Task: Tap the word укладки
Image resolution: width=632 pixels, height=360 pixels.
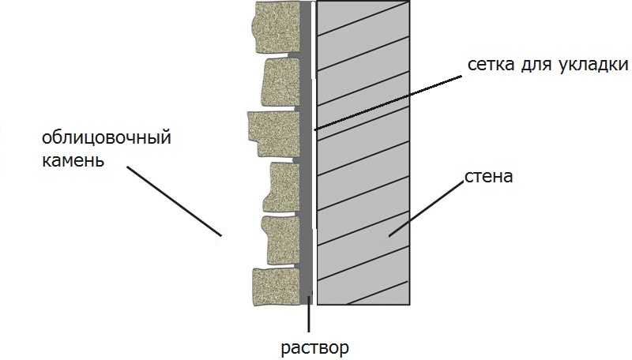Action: coord(594,65)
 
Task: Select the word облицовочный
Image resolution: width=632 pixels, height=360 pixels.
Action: coord(107,137)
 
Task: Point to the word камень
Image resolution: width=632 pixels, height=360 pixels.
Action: coord(73,160)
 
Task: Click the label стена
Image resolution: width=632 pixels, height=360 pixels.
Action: coord(488,176)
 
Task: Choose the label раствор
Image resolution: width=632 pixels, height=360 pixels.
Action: coord(314,347)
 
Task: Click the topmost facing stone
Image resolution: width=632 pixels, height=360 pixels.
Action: coord(276,26)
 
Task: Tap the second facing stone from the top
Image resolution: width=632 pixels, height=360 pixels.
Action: coord(281,82)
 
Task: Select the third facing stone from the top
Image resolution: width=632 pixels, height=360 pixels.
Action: coord(273,133)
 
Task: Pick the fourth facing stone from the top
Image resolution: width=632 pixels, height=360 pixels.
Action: coord(282,187)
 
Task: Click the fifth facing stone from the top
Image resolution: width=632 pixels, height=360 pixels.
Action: coord(281,240)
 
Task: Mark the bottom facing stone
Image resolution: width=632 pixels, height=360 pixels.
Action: coord(276,287)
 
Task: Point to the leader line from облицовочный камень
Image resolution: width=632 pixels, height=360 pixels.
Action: coord(174,201)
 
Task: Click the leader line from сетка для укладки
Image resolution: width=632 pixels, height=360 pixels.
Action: coord(388,103)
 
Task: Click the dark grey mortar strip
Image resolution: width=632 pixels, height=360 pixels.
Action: coord(306,152)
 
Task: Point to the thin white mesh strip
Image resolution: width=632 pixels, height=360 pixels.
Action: coord(314,152)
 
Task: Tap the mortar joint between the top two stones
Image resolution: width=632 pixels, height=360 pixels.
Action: coord(295,54)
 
